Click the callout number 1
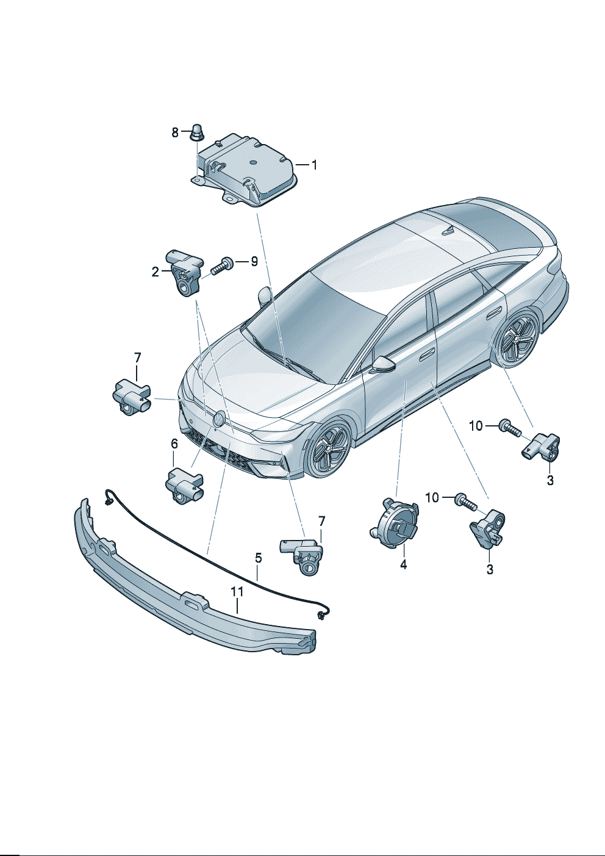(314, 165)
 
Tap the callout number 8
(175, 133)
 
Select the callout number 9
(254, 261)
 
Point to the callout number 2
(155, 272)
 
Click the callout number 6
(174, 444)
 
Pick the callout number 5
(259, 558)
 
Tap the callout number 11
(237, 591)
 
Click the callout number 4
(404, 564)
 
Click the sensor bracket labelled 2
(185, 272)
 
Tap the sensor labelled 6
(184, 485)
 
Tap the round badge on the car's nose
(219, 419)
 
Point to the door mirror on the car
(382, 363)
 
